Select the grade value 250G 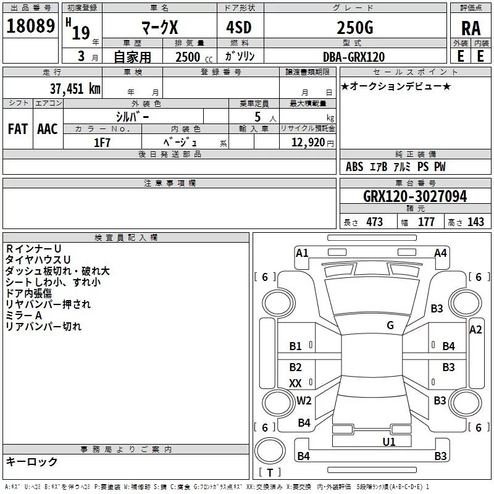pyautogui.click(x=354, y=27)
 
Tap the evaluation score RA pyautogui.click(x=471, y=28)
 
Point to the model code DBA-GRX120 pyautogui.click(x=354, y=57)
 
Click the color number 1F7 pyautogui.click(x=102, y=142)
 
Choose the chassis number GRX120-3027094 pyautogui.click(x=415, y=196)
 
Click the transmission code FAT pyautogui.click(x=17, y=129)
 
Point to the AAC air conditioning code pyautogui.click(x=48, y=129)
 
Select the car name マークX pyautogui.click(x=159, y=28)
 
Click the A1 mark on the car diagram pyautogui.click(x=302, y=253)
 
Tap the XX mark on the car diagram pyautogui.click(x=296, y=383)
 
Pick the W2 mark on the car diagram pyautogui.click(x=304, y=400)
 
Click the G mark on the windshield pyautogui.click(x=390, y=325)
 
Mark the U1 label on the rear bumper pyautogui.click(x=389, y=442)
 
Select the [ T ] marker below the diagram pyautogui.click(x=269, y=473)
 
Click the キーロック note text pyautogui.click(x=31, y=462)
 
